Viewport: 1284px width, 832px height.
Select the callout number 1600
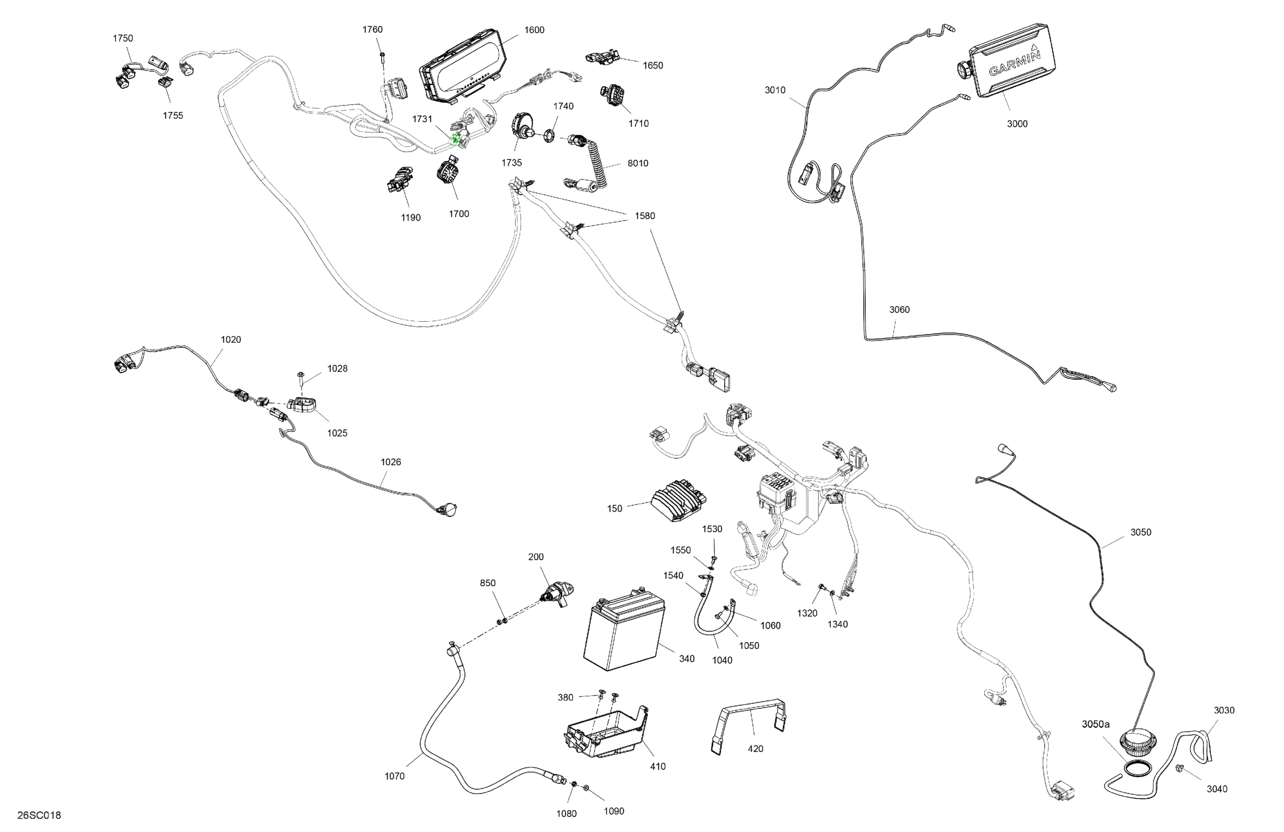[x=534, y=30]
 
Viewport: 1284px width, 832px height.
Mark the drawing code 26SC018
[x=39, y=815]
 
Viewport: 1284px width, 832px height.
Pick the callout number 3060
[x=899, y=310]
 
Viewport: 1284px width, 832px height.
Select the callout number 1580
[x=644, y=216]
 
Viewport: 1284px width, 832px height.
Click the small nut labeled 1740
[x=549, y=135]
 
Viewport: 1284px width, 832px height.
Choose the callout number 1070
[x=394, y=776]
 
